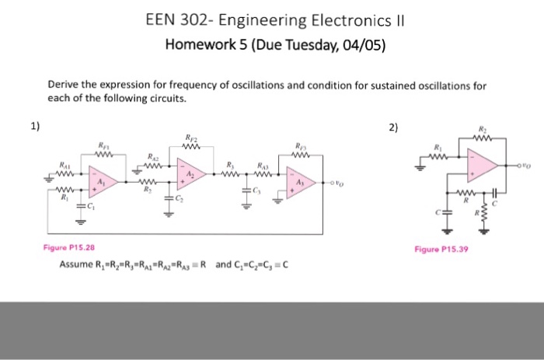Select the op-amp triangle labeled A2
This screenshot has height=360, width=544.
tap(189, 173)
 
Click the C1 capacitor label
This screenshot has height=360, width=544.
tap(92, 206)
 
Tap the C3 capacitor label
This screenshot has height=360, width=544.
tap(257, 191)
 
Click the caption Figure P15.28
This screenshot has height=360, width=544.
tap(69, 248)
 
